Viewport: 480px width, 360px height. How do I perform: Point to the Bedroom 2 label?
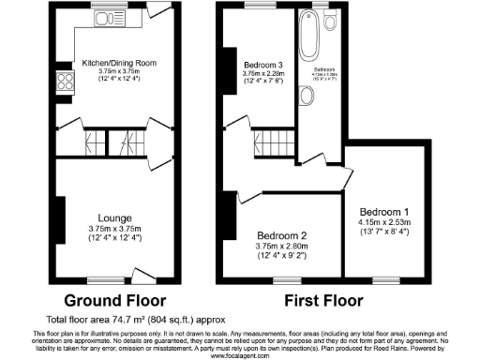pyautogui.click(x=277, y=235)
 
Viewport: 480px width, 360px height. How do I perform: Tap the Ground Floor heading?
pyautogui.click(x=114, y=302)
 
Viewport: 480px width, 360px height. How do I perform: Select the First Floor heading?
pyautogui.click(x=323, y=302)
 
